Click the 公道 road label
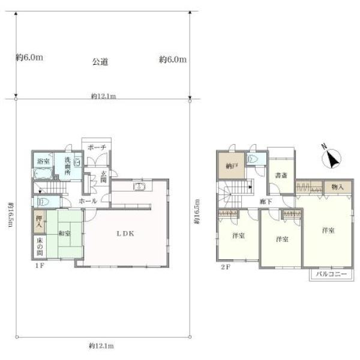point(100,62)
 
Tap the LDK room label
point(125,234)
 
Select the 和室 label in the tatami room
point(65,233)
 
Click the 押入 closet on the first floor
point(39,221)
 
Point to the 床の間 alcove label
point(40,247)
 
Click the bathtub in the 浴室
point(43,173)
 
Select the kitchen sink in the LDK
point(139,187)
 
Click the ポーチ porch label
point(97,148)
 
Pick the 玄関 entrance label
point(104,176)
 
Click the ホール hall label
point(88,201)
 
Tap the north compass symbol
point(332,157)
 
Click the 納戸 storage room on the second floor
point(231,165)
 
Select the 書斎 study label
point(281,176)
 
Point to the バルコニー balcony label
point(331,274)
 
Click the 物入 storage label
point(337,187)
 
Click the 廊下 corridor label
point(266,202)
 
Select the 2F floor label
point(226,267)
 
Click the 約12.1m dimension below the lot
point(101,346)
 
